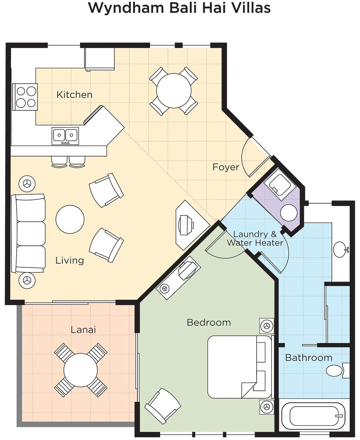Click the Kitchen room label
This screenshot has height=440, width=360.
coord(75,95)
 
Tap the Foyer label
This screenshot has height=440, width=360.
coord(226,167)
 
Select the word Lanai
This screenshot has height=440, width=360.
coord(83,330)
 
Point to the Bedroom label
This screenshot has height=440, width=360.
coord(209,322)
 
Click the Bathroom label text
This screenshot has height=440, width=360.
coord(309,358)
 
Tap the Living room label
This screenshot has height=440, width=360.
coord(70,260)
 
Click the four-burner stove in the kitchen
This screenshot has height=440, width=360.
coord(25,97)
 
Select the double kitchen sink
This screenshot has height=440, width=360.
coord(66,136)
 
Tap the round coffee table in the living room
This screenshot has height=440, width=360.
coord(70,220)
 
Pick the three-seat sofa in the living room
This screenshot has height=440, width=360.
coord(28,233)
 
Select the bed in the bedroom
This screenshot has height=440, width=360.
coord(240,367)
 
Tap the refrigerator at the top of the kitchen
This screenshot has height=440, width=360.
coord(100,59)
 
